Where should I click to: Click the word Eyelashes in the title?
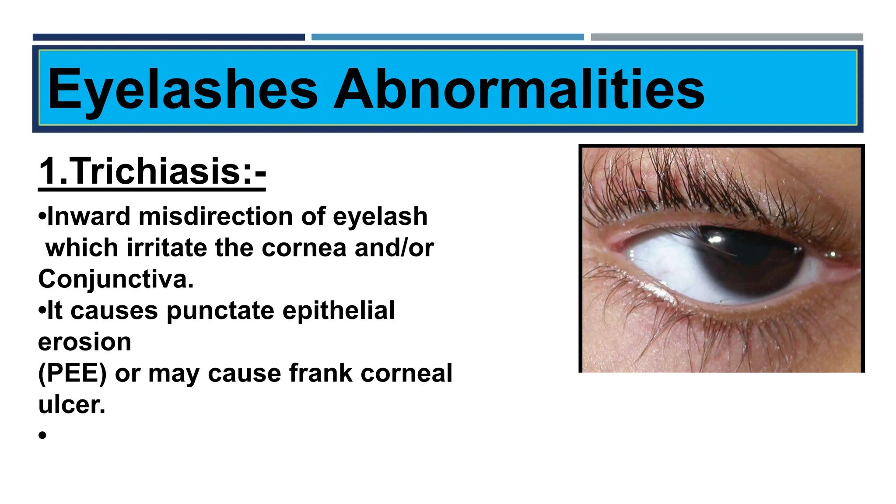[183, 90]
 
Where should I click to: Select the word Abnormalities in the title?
[519, 90]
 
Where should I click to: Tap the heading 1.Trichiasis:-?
[152, 171]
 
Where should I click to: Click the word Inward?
[89, 216]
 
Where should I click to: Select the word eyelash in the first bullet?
[380, 216]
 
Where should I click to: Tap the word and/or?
[394, 248]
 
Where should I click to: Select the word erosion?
[84, 342]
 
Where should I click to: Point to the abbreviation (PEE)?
[72, 373]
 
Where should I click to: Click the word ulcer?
[72, 405]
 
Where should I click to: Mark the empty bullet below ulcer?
[42, 435]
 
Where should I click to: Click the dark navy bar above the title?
[168, 37]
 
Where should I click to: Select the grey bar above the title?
[727, 37]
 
